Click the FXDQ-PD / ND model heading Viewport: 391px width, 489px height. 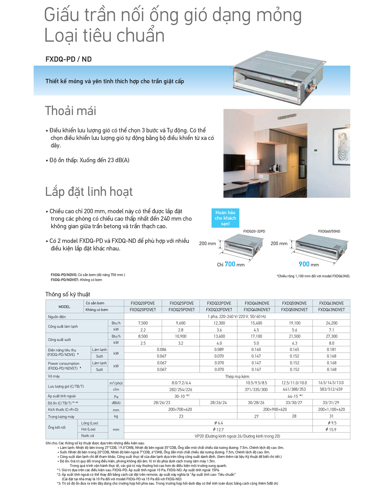pyautogui.click(x=69, y=59)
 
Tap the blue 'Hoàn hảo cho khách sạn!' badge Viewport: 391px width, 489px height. pyautogui.click(x=225, y=218)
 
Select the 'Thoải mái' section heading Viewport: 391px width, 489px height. pyautogui.click(x=71, y=111)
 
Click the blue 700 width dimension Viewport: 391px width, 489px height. pyautogui.click(x=230, y=264)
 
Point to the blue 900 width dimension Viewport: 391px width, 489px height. pyautogui.click(x=304, y=264)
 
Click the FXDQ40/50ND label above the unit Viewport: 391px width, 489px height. pyautogui.click(x=329, y=231)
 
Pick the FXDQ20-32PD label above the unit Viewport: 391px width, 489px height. pyautogui.click(x=254, y=231)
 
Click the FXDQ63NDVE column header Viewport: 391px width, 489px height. pyautogui.click(x=331, y=303)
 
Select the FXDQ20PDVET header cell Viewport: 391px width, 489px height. pyautogui.click(x=143, y=310)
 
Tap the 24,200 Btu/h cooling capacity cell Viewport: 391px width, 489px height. pyautogui.click(x=331, y=323)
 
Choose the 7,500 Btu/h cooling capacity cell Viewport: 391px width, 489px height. pyautogui.click(x=143, y=323)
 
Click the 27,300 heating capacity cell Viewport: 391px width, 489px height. pyautogui.click(x=331, y=336)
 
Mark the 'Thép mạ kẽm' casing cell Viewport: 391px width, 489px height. pyautogui.click(x=237, y=376)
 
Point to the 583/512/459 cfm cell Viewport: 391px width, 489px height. pyautogui.click(x=331, y=389)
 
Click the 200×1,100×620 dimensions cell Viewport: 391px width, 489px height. pyautogui.click(x=331, y=409)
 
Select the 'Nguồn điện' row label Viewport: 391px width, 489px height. pyautogui.click(x=57, y=317)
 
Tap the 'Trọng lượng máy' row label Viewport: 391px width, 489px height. pyautogui.click(x=61, y=417)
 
